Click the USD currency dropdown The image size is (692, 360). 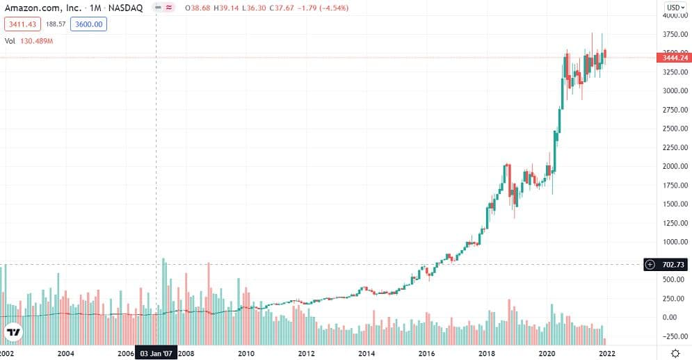(673, 8)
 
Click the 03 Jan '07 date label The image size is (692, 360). (156, 353)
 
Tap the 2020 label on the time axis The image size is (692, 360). (547, 353)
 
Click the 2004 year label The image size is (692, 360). (66, 353)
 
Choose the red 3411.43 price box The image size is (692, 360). (22, 24)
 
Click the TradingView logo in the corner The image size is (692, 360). (13, 332)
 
